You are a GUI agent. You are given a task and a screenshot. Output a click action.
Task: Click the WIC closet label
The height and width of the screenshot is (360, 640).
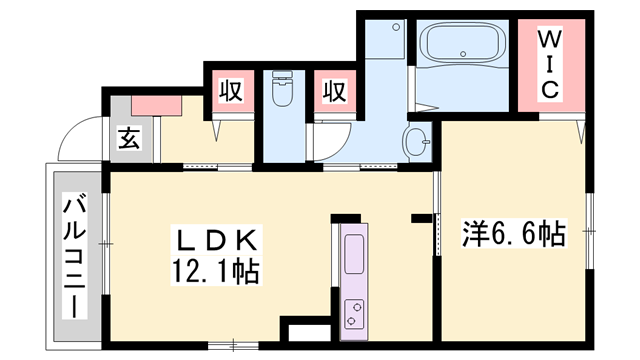(550, 63)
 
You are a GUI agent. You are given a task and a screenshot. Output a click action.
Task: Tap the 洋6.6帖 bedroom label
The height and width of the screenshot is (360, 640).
(514, 235)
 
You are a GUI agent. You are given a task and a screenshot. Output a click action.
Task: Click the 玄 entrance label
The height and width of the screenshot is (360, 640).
(130, 140)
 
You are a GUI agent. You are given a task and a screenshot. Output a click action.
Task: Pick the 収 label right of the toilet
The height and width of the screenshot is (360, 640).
(333, 92)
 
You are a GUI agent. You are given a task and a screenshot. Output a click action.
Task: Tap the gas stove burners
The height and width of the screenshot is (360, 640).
(355, 314)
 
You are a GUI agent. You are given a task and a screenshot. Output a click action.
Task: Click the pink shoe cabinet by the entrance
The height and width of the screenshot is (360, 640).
(156, 102)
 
